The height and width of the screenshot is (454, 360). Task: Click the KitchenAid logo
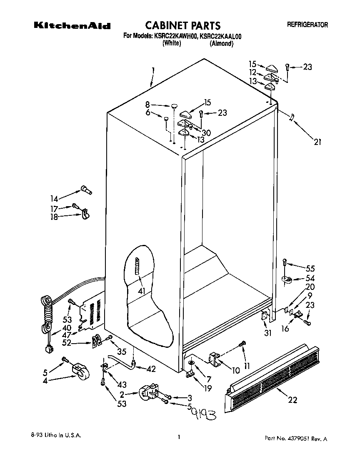pos(72,26)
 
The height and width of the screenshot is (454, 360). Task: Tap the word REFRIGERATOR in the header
pos(307,25)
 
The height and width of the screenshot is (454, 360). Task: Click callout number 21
pos(317,142)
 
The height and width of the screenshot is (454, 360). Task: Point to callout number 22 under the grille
pos(292,400)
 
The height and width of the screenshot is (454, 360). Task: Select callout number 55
pos(310,269)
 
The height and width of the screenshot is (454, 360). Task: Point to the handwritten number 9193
pos(203,414)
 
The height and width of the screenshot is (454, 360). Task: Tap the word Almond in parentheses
pos(221,43)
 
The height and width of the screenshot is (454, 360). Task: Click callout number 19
pos(207,389)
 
